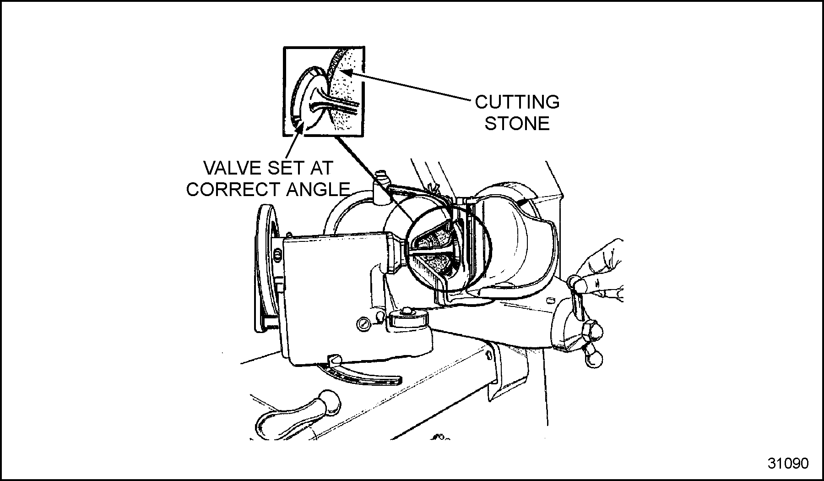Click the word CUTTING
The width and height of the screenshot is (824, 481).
tap(517, 102)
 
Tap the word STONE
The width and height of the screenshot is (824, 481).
tap(517, 124)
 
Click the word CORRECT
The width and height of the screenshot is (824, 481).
tap(233, 189)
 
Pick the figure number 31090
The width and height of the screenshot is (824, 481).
tap(788, 463)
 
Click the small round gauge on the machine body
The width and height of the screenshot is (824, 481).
tap(363, 324)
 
